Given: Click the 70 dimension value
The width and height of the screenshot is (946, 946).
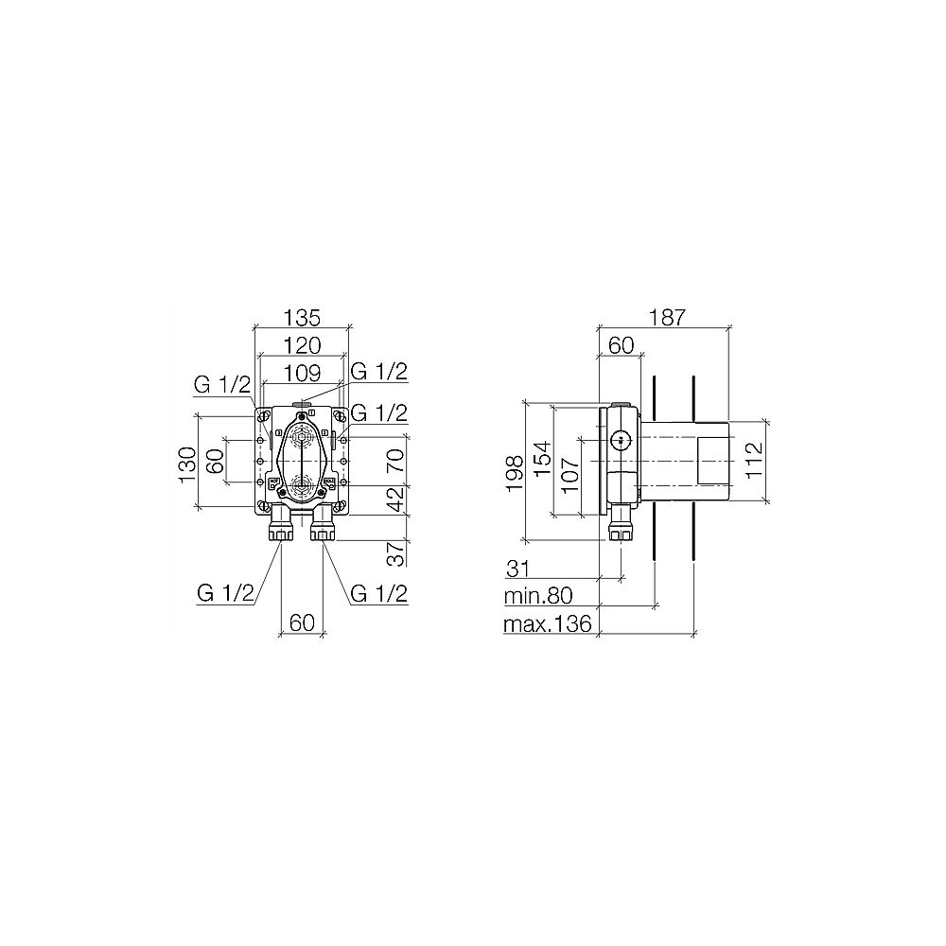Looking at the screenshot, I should coord(397,460).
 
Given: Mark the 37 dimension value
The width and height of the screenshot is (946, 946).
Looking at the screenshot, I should coord(397,552).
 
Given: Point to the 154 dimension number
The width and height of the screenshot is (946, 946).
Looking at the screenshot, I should coord(541,461).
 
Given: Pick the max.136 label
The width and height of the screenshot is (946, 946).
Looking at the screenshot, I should coord(548,623).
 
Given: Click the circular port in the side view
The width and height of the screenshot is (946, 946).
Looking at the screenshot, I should coord(621,440).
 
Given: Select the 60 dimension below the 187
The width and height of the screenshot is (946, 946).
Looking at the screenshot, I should coord(621,345).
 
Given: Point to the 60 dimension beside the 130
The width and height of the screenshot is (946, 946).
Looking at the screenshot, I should coord(215,462).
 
